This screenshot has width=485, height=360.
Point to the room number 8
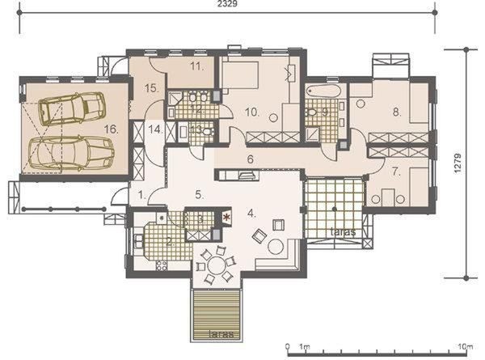397,113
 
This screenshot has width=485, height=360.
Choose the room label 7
396,172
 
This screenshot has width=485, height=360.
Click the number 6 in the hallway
251,159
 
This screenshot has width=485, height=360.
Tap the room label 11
196,69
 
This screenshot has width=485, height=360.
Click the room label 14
155,129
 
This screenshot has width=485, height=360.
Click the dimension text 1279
458,163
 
